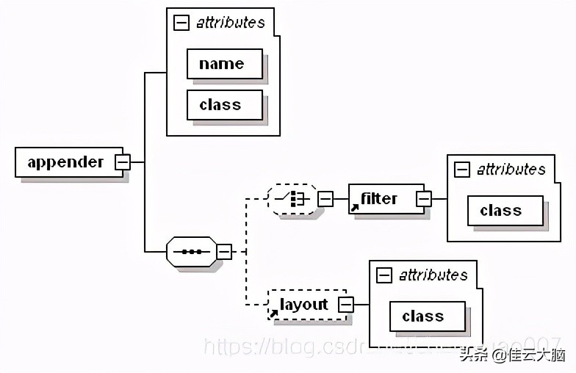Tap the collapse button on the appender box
(123, 162)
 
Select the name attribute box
(224, 64)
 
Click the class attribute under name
(224, 105)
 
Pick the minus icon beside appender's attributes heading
(181, 23)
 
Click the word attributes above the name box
(230, 23)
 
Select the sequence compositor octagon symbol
(192, 252)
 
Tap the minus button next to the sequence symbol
(224, 252)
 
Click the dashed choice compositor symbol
(292, 198)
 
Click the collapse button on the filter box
(424, 198)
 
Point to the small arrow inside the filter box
(355, 208)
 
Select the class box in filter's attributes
(505, 211)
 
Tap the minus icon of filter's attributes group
(462, 170)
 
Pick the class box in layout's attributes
(427, 316)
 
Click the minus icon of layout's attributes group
(384, 275)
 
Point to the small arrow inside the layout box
(274, 314)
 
